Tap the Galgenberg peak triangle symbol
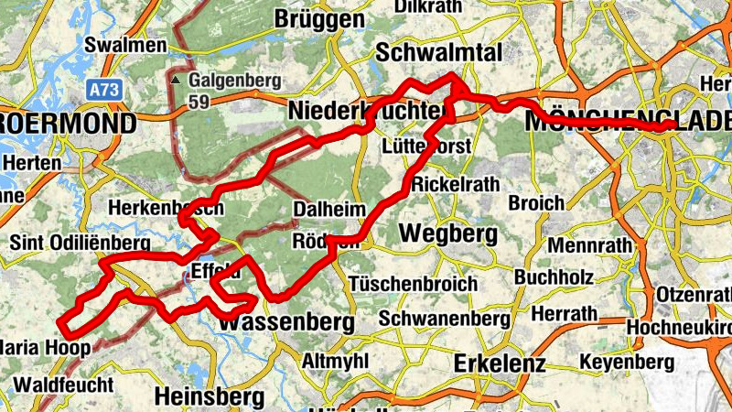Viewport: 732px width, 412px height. pos(175,80)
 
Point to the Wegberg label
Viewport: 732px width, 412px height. pos(448,233)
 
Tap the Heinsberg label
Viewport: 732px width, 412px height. pos(210,396)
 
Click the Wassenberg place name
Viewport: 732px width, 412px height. pos(287,323)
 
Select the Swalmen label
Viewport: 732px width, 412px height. pos(124,45)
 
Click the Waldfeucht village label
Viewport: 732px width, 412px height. pos(64,385)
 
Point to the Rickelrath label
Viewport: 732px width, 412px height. pos(457,184)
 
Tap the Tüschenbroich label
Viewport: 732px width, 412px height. pos(413,283)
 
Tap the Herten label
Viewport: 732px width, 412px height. pos(32,162)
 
